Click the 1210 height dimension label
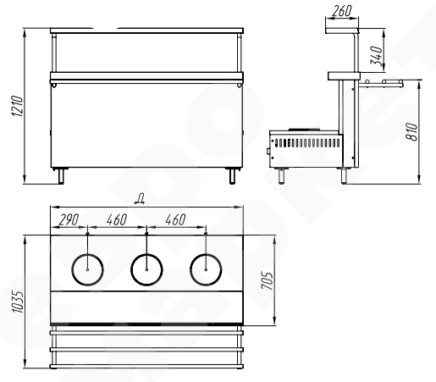click(x=18, y=107)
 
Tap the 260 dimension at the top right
click(x=342, y=11)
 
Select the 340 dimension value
click(x=377, y=56)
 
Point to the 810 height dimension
click(x=411, y=131)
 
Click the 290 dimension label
click(x=69, y=220)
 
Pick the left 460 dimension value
click(x=117, y=220)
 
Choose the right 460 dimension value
click(x=175, y=220)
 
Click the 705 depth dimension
click(x=268, y=280)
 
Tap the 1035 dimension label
click(x=18, y=302)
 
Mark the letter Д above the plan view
click(x=140, y=199)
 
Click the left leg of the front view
click(x=61, y=176)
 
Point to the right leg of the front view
click(x=232, y=176)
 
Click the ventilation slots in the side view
click(x=307, y=143)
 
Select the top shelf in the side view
click(x=342, y=30)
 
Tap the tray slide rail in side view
click(x=381, y=83)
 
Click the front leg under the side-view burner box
click(x=281, y=176)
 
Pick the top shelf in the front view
click(x=146, y=30)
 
